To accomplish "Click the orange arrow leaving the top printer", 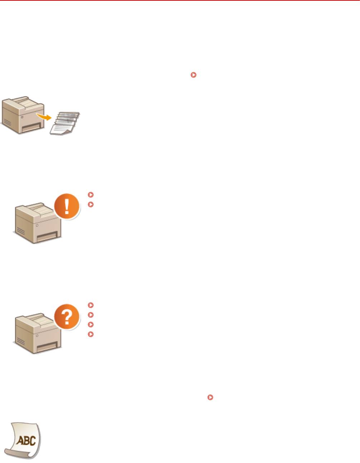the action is tap(44, 116).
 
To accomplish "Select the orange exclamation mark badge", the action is tap(67, 206).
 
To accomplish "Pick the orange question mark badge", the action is tap(67, 317).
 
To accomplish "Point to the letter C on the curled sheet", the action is tap(32, 440).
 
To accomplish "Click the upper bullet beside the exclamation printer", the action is tap(90, 195).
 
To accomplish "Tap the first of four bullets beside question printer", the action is tap(90, 305).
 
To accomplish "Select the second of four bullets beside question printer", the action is tap(90, 315).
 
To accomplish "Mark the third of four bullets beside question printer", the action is tap(90, 324).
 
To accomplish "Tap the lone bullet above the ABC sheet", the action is tap(210, 397).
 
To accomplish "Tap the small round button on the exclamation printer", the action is tap(37, 228).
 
